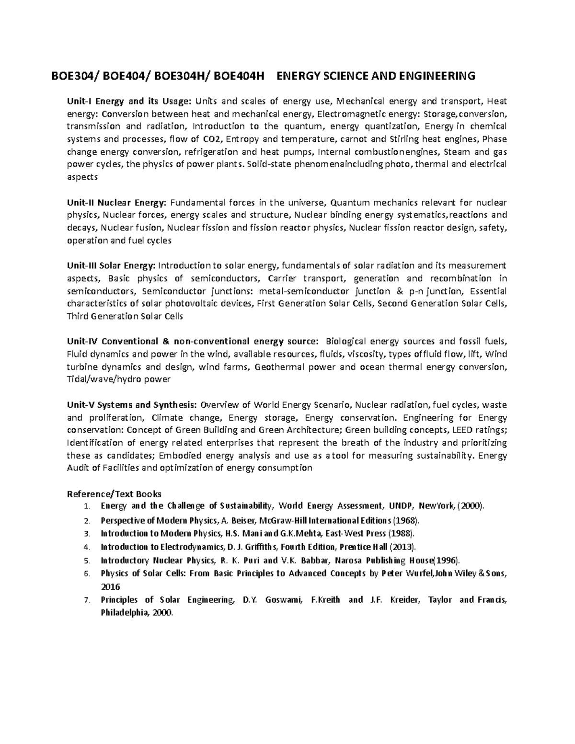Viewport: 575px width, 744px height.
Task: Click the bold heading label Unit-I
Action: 79,101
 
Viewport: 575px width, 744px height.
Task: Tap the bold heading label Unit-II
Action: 80,202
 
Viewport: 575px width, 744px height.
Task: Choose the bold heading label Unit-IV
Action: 82,342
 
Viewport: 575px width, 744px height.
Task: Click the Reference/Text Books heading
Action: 114,494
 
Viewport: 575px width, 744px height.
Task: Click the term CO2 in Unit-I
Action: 211,139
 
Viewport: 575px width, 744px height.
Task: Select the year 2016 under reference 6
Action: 110,586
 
